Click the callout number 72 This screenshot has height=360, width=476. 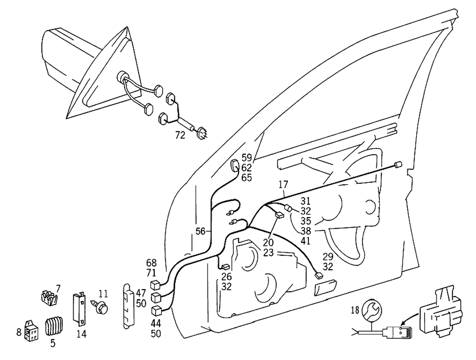pyautogui.click(x=179, y=135)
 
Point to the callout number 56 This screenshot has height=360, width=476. pyautogui.click(x=201, y=231)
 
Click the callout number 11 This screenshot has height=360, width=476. pyautogui.click(x=104, y=293)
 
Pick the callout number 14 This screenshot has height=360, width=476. pyautogui.click(x=81, y=334)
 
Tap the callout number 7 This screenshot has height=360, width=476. pyautogui.click(x=58, y=288)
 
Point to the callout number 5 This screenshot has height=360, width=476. pyautogui.click(x=53, y=342)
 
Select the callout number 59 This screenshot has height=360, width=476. pyautogui.click(x=247, y=158)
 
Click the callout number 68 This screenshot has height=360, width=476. pyautogui.click(x=151, y=262)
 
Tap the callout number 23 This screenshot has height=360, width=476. pyautogui.click(x=268, y=253)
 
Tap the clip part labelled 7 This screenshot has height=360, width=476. pyautogui.click(x=49, y=299)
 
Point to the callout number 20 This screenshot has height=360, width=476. pyautogui.click(x=268, y=243)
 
